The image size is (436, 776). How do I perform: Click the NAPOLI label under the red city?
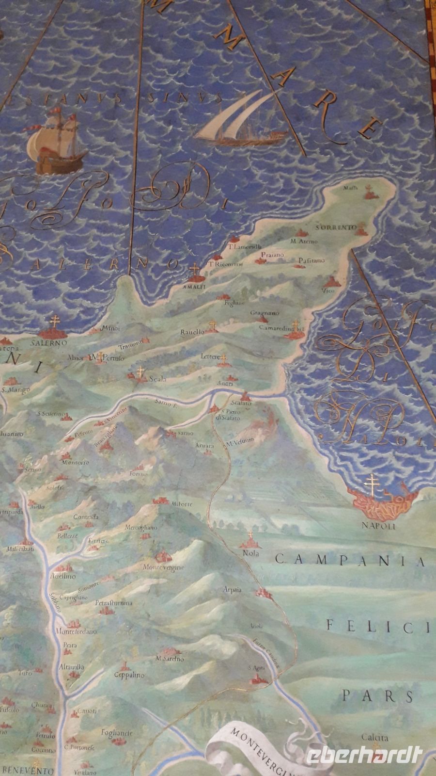379,526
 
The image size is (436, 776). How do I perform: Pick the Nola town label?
251,553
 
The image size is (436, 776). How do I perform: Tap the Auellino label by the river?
63,577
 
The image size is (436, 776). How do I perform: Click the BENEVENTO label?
26,770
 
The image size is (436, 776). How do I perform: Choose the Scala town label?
157,379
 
